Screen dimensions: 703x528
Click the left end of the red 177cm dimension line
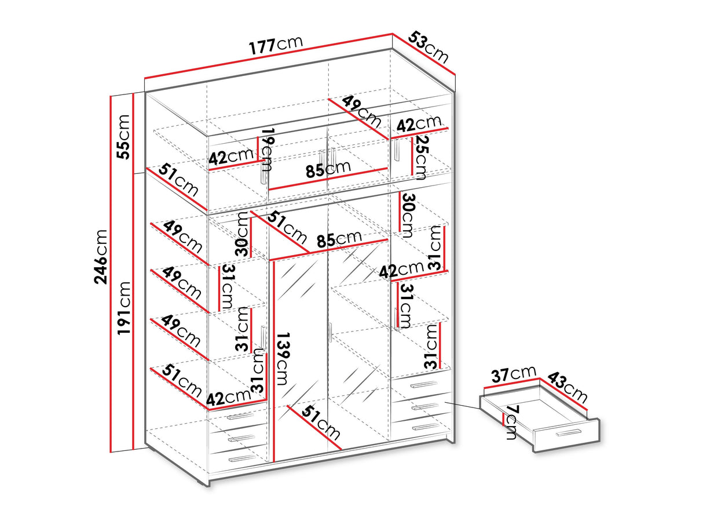coord(145,78)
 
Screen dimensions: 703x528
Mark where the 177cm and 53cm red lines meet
coord(393,34)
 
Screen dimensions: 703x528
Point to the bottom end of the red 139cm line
coord(274,462)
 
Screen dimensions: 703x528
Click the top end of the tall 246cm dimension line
coord(111,96)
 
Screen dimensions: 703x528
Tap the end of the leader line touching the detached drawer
coord(479,409)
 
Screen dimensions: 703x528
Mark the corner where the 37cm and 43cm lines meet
coord(540,378)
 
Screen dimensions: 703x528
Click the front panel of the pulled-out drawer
coord(566,434)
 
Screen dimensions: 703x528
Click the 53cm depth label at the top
coord(428,47)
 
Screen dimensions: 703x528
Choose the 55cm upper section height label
coord(123,137)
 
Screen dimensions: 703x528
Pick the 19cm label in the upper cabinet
coord(267,150)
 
